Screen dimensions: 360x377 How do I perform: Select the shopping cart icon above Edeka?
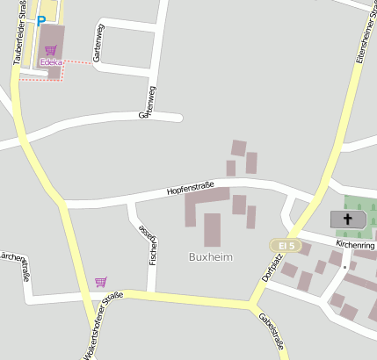50,50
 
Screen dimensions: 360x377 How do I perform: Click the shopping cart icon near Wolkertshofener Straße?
101,282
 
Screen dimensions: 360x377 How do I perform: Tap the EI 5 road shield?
284,243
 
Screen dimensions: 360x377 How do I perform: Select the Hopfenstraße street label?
191,184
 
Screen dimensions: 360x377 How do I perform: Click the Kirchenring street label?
355,242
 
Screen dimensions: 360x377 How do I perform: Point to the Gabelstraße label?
272,334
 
